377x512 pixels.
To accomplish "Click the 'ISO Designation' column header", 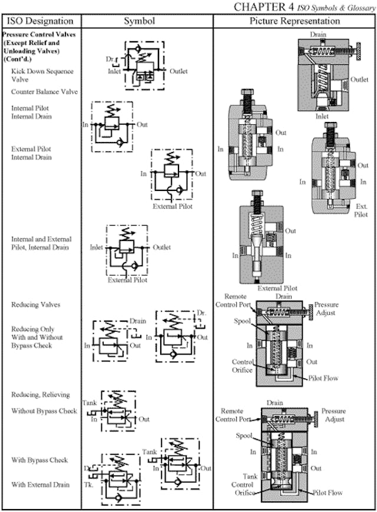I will tap(40, 21).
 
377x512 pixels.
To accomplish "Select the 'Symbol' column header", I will tap(139, 21).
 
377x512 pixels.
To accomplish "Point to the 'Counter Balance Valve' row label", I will tap(44, 92).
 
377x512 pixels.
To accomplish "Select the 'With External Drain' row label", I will tap(40, 484).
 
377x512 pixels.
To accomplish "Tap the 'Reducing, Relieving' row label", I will tap(41, 394).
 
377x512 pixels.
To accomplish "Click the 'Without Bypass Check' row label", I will tap(44, 411).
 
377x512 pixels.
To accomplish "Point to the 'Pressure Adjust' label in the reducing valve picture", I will tap(326, 309).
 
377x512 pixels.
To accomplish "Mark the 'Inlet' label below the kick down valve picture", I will tap(322, 117).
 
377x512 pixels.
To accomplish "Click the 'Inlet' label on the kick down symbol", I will tap(115, 71).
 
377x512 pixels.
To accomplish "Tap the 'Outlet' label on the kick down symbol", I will tap(178, 71).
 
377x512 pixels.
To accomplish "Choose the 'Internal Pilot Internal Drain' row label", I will tap(32, 112).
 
